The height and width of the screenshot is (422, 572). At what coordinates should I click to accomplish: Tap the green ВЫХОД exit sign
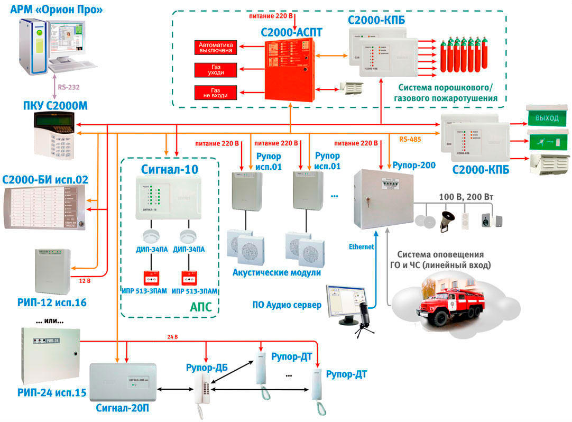click(547, 117)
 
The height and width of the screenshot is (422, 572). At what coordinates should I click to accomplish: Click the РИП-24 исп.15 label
click(44, 393)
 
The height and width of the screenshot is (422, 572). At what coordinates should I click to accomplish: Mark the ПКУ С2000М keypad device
click(55, 135)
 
